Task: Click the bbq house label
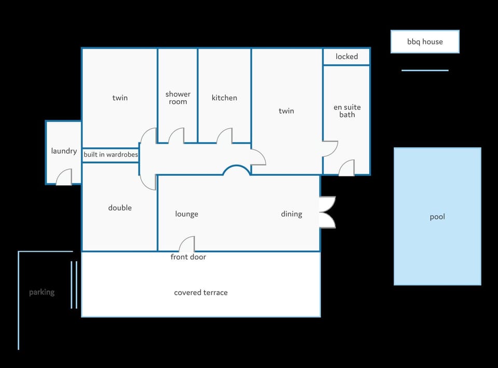click(425, 42)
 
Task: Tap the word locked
click(347, 57)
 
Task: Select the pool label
click(437, 217)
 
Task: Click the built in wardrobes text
click(110, 155)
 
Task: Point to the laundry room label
click(64, 151)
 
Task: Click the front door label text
click(188, 257)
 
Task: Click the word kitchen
click(224, 98)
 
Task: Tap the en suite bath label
click(347, 111)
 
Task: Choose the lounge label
click(186, 214)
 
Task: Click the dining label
click(291, 214)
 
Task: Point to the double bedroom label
click(120, 208)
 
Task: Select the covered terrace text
click(201, 293)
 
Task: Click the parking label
click(41, 292)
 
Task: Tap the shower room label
click(178, 98)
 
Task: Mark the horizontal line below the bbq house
click(425, 70)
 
